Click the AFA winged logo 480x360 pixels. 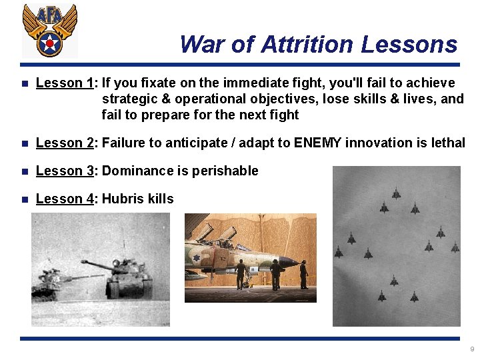click(x=49, y=31)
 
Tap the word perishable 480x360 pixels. click(x=225, y=171)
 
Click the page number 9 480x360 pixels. click(x=472, y=349)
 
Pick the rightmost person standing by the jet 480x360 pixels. click(x=303, y=273)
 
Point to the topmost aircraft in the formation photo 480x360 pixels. click(x=396, y=194)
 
